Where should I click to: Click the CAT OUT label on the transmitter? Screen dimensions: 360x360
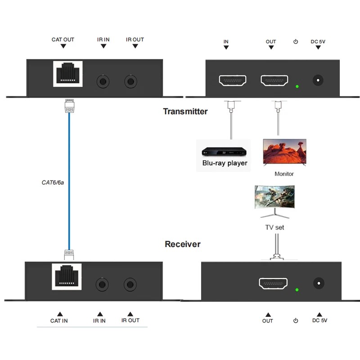tap(63, 40)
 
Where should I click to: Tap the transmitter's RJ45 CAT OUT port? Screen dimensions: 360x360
tap(68, 74)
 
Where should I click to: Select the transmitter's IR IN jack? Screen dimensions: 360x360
tap(103, 81)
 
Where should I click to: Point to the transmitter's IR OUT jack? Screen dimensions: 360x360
tap(130, 81)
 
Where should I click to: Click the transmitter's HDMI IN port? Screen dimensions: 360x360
tap(233, 81)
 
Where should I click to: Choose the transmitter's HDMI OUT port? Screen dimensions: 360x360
tap(274, 81)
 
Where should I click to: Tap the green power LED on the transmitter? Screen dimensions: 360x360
tap(297, 86)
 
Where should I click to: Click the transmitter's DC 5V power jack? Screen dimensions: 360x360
tap(318, 81)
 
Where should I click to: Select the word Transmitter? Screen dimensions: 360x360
tap(185, 111)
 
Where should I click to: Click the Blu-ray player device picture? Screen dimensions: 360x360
tap(224, 152)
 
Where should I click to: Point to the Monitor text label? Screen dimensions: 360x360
tap(284, 174)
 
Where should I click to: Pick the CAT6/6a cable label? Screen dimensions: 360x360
tap(53, 183)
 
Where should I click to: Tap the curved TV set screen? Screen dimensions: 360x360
tap(274, 197)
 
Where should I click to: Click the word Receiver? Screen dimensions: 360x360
tap(183, 244)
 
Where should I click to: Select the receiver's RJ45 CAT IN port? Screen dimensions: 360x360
tap(67, 277)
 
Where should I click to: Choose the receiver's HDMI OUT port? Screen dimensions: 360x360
tap(273, 283)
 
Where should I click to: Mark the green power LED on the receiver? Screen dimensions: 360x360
tap(297, 290)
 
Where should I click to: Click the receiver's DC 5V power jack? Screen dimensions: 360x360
tap(319, 283)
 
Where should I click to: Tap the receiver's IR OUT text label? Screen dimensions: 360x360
tap(130, 320)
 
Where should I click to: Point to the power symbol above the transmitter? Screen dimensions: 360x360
tap(296, 41)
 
